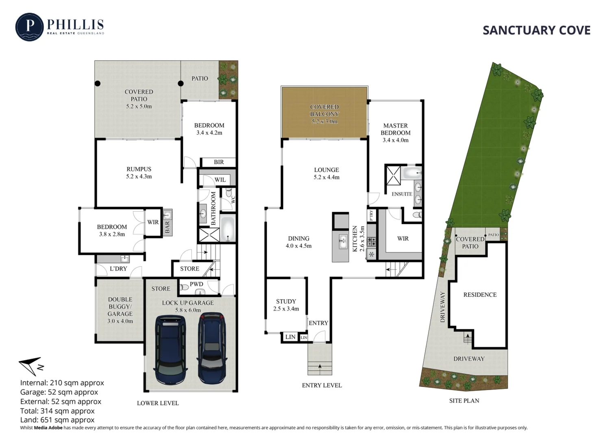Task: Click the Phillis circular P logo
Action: click(x=29, y=27)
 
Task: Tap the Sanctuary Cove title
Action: click(x=536, y=30)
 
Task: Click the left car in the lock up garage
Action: click(x=171, y=350)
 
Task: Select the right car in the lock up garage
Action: click(x=212, y=348)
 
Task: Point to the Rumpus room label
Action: click(x=139, y=172)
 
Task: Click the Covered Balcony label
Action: click(x=324, y=114)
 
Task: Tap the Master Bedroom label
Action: click(x=395, y=133)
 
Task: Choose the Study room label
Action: click(x=286, y=305)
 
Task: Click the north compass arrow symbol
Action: click(x=31, y=366)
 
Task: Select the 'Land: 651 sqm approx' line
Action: click(x=57, y=420)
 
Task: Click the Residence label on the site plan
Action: click(x=480, y=295)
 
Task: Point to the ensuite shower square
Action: click(x=393, y=175)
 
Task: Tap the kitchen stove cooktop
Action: click(x=372, y=242)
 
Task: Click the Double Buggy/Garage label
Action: click(x=120, y=310)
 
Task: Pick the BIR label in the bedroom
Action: click(x=219, y=162)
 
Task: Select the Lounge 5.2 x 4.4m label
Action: click(x=326, y=173)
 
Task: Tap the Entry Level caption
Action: click(x=322, y=385)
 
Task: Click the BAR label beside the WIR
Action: click(x=167, y=227)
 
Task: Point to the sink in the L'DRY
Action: click(x=124, y=259)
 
